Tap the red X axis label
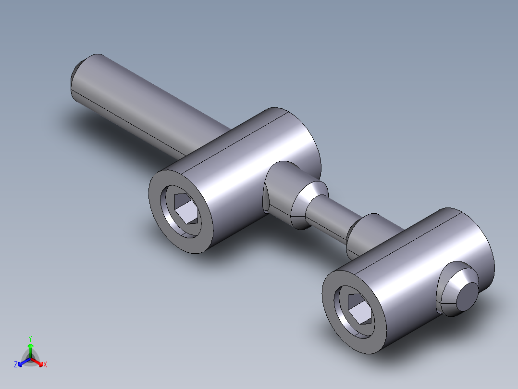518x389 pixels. tap(45, 364)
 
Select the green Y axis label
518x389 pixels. tap(30, 338)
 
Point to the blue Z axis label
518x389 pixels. tap(16, 364)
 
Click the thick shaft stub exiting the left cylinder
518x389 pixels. tap(281, 188)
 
